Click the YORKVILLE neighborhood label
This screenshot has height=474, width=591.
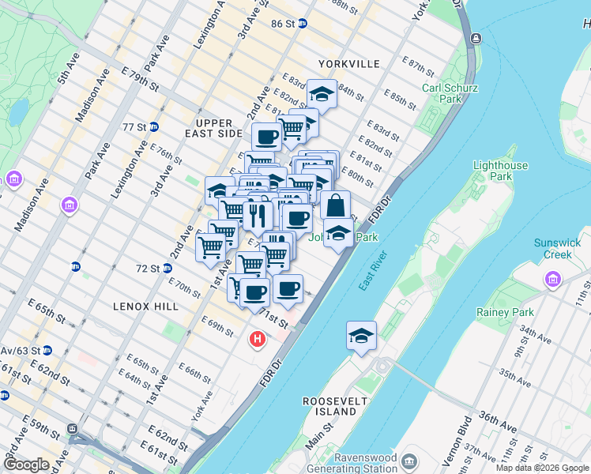coord(349,63)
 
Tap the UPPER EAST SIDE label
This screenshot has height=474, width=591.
coord(214,128)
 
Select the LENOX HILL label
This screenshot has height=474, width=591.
coord(145,305)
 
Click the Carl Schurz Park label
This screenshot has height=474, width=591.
coord(441,93)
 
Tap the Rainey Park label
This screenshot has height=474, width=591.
coord(505,312)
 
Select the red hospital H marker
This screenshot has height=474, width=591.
coord(257,340)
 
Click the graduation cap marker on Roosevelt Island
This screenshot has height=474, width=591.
coord(361,336)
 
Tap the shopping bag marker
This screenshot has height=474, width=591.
coord(336,205)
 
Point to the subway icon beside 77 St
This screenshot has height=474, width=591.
coord(154,126)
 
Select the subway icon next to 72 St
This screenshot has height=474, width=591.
coord(168,269)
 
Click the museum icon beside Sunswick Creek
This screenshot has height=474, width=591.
coord(551,279)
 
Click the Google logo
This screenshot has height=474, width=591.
coord(26,465)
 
